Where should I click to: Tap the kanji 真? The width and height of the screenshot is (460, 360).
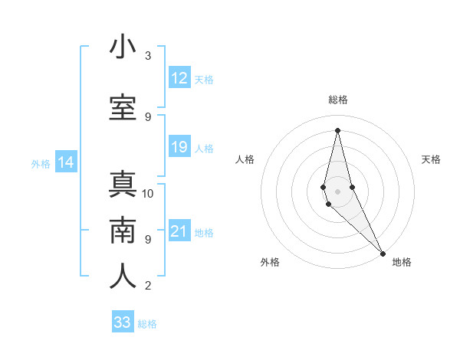123,185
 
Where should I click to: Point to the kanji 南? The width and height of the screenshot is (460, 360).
123,231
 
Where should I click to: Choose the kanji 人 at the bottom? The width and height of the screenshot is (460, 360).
123,277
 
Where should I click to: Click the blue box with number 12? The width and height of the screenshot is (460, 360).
179,78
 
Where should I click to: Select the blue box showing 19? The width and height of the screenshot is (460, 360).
179,147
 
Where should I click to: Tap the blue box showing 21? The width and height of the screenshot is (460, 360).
179,231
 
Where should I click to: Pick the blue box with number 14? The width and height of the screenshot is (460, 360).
66,162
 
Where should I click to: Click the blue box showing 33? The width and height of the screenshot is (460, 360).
123,322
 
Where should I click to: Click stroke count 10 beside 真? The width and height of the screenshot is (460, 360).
148,193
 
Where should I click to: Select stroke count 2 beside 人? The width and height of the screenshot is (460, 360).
148,286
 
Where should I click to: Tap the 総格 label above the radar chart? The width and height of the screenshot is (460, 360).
338,100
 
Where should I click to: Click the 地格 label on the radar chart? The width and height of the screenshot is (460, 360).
402,262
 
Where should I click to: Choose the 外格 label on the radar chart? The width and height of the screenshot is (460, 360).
270,262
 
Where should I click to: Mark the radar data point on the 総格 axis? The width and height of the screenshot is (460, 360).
337,129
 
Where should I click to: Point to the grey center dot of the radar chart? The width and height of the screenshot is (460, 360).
337,191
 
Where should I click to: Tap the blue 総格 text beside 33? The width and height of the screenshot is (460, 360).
147,324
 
